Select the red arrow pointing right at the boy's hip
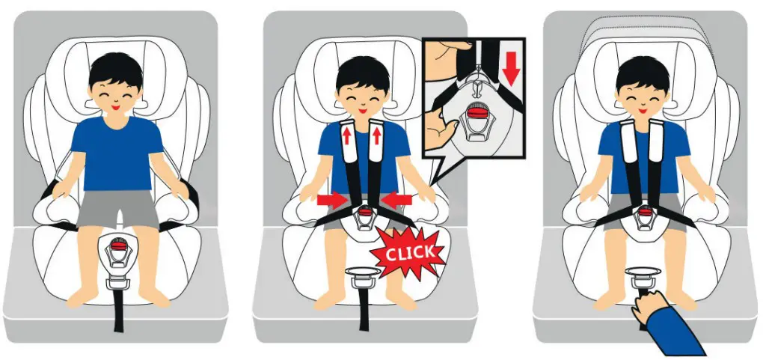coord(332,199)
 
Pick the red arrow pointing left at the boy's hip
coord(396,199)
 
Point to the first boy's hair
coord(116,68)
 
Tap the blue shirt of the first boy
coord(117,153)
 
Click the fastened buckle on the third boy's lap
coord(644,217)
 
